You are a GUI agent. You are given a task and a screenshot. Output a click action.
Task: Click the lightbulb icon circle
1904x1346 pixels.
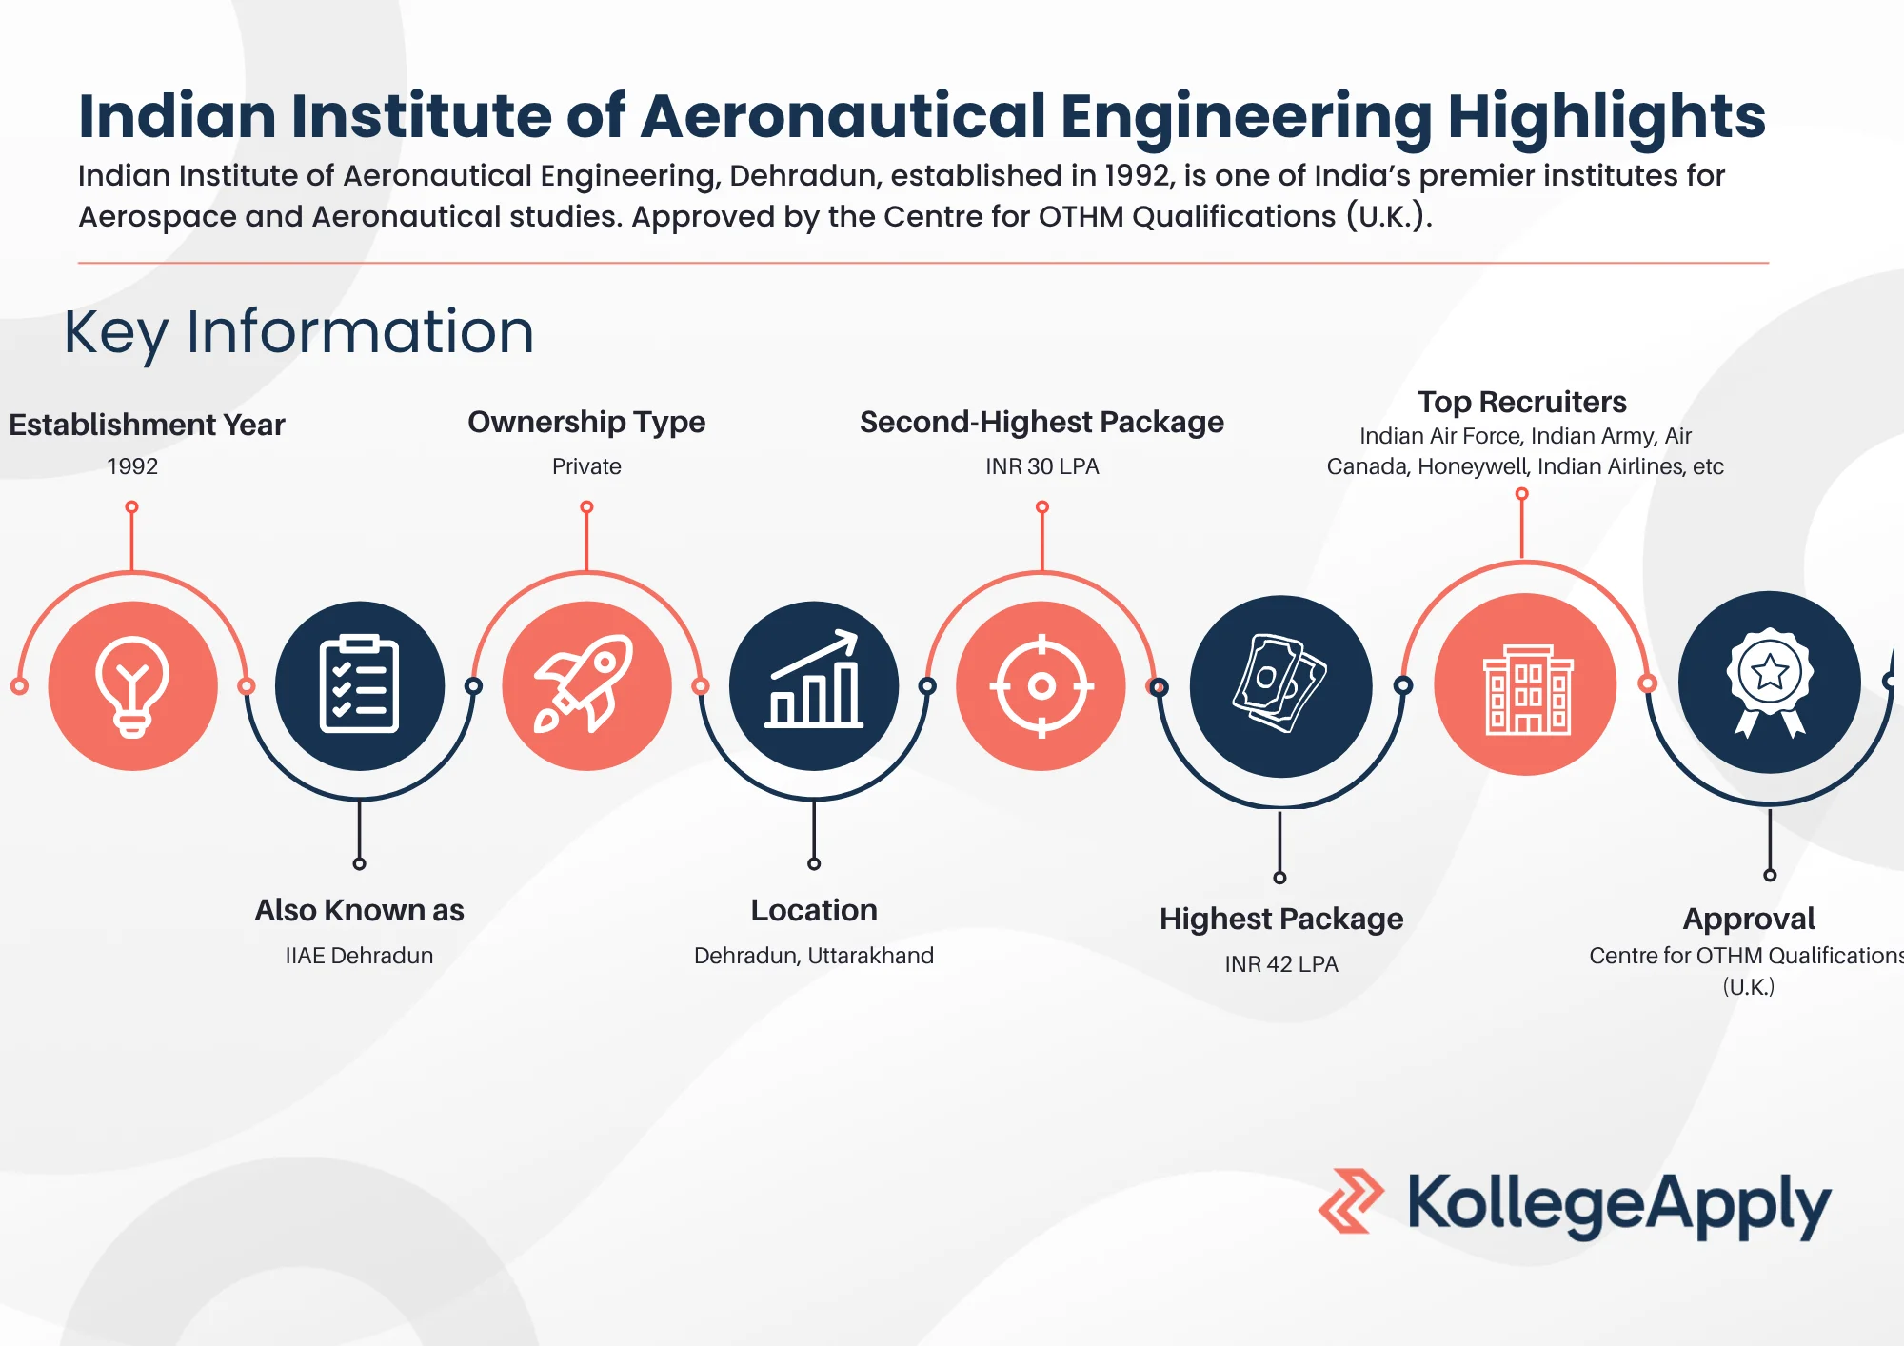(132, 685)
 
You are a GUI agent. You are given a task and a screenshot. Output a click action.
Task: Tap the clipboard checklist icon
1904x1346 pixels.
(359, 685)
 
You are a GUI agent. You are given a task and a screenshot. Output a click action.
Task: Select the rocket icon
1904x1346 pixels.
(586, 685)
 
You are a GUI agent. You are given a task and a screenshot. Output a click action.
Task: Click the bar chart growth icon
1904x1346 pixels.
(814, 685)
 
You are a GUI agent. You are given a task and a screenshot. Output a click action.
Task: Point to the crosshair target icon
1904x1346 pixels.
(1041, 685)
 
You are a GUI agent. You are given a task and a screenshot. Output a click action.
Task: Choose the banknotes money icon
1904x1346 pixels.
(1280, 685)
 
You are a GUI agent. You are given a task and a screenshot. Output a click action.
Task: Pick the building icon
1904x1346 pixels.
(1526, 685)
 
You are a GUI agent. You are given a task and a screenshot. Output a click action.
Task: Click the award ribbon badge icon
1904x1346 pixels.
(1769, 682)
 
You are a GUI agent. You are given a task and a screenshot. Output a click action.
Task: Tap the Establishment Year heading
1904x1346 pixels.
(147, 425)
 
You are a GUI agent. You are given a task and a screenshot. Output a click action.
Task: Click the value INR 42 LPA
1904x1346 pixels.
(1281, 964)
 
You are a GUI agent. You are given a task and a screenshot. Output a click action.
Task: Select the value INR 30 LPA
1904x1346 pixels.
(1041, 466)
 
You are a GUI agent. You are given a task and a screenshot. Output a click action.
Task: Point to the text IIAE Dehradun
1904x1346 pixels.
(359, 956)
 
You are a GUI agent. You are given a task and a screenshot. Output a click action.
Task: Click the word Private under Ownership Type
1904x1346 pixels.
(586, 466)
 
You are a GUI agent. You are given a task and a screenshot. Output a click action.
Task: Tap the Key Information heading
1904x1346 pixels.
(299, 332)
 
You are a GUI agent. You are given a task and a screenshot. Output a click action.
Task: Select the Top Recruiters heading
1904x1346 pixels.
(1521, 402)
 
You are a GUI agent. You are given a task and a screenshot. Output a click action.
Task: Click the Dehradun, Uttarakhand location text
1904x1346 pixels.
(814, 956)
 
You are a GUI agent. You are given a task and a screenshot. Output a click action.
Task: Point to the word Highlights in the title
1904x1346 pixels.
(1606, 116)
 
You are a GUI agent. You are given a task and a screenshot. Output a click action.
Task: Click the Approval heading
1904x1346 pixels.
(1749, 919)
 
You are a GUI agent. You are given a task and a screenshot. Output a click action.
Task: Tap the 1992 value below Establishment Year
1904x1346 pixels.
(132, 466)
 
